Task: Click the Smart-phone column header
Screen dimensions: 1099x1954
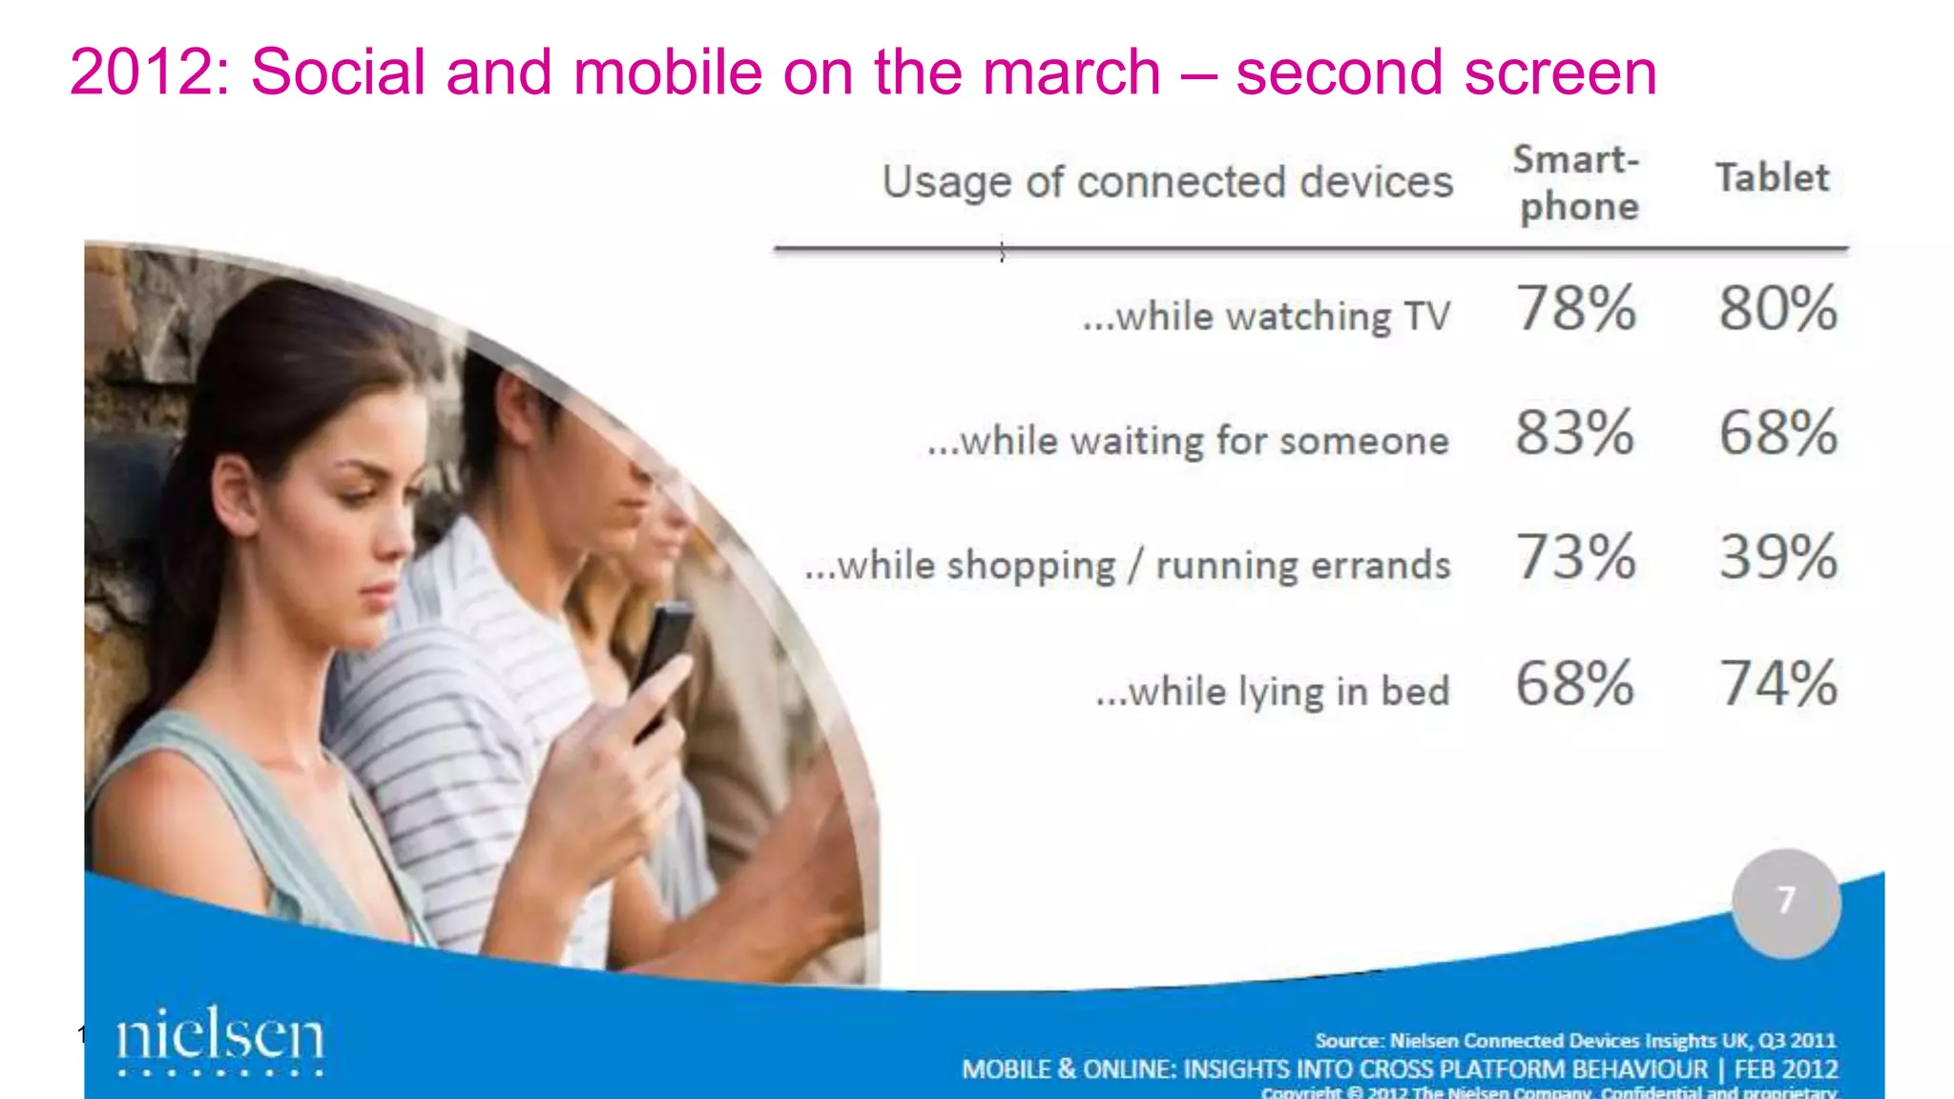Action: point(1576,183)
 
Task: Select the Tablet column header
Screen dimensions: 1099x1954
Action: point(1772,178)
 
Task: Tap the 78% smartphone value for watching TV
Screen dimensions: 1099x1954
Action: point(1576,308)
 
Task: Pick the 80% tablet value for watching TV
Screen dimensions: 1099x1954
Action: point(1777,308)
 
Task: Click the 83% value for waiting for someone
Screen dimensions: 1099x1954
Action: point(1574,433)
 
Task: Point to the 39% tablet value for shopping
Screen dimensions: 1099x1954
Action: point(1777,557)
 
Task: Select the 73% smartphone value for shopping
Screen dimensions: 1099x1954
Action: point(1576,557)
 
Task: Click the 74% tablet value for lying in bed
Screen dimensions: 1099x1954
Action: point(1777,683)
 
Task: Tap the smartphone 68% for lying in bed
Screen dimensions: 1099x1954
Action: point(1574,683)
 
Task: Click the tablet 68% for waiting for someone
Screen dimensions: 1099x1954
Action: point(1777,433)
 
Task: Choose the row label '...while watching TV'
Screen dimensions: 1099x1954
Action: point(1266,317)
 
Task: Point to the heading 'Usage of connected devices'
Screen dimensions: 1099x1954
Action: point(1167,182)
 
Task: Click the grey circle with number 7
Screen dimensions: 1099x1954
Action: point(1786,902)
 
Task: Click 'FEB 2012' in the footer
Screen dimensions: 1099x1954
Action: point(1785,1069)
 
